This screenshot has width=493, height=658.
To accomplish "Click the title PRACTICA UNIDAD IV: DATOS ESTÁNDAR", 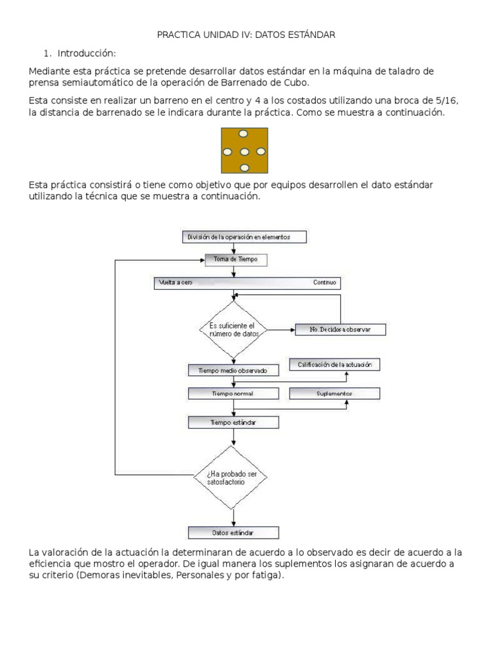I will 246,35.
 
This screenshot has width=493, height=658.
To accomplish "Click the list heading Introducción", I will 86,53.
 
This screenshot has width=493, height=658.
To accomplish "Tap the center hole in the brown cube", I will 244,152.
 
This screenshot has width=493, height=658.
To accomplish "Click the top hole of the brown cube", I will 243,134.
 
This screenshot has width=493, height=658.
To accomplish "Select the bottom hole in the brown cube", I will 244,168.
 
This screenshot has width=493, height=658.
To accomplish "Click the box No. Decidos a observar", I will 341,330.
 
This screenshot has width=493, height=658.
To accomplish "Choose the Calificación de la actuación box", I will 334,365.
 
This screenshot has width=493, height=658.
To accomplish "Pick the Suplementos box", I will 334,393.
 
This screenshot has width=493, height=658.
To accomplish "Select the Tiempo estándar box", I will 233,422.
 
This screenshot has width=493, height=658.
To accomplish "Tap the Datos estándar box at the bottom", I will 233,533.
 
